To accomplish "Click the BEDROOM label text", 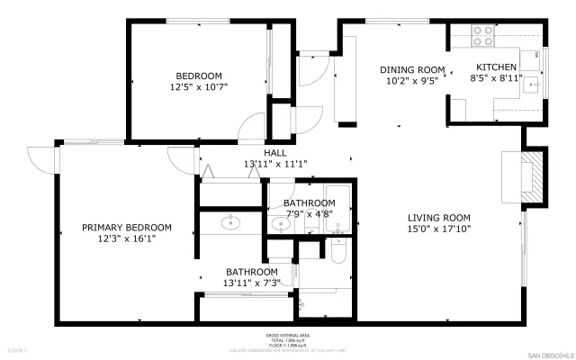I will point(200,75).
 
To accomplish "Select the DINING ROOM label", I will point(412,69).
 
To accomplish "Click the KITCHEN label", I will point(496,67).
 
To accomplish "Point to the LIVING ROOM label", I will point(439,217).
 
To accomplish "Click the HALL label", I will point(275,152).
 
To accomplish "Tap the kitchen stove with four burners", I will point(483,35).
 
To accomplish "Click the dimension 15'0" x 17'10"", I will point(439,229).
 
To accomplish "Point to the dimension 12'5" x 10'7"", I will point(200,86).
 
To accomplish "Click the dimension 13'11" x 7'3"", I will point(252,283).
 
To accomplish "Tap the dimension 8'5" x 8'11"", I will point(496,78).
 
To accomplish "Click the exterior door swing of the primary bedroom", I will point(40,158).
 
